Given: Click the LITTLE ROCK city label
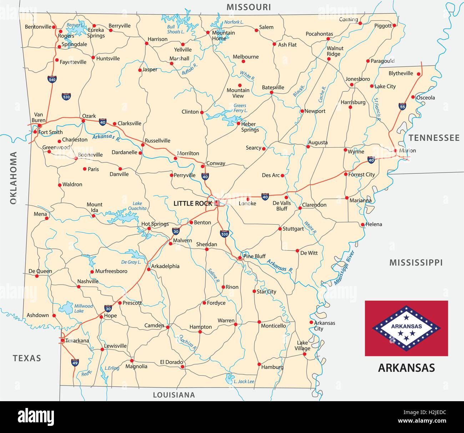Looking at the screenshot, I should click(x=192, y=203).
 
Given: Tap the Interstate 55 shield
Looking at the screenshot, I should click(x=402, y=106).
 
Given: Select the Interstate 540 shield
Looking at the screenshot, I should click(x=52, y=79).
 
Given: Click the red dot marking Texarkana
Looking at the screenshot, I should click(x=62, y=340).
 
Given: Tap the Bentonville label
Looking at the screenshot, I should click(x=38, y=27).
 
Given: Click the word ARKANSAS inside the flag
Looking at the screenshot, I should click(x=406, y=326).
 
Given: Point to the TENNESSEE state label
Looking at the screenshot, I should click(x=434, y=138).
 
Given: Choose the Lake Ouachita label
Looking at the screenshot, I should click(x=137, y=206).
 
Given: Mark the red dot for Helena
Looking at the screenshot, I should click(x=363, y=225).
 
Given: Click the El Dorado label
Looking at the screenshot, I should click(x=171, y=362).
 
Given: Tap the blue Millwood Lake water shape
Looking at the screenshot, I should click(x=66, y=308).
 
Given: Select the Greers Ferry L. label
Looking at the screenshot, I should click(x=240, y=108).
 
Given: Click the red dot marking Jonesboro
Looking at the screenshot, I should click(x=352, y=85).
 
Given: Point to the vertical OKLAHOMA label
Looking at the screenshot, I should click(x=13, y=178).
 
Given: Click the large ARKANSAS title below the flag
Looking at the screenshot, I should click(x=406, y=368).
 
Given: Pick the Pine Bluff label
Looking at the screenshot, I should click(x=254, y=256).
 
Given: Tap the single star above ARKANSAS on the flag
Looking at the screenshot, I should click(x=406, y=317).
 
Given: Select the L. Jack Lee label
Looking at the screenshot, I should click(x=244, y=382).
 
